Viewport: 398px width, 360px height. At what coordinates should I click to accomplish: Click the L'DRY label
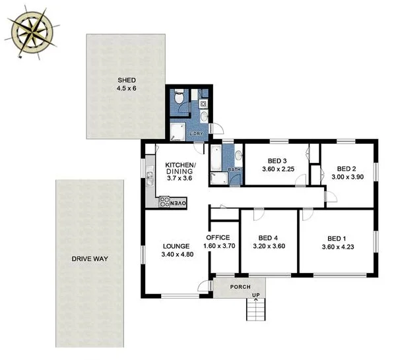(x=196, y=134)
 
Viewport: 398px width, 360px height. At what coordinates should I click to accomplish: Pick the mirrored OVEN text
(x=180, y=203)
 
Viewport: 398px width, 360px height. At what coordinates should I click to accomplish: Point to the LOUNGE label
(x=176, y=247)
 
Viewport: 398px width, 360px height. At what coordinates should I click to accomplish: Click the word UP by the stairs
(x=255, y=295)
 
